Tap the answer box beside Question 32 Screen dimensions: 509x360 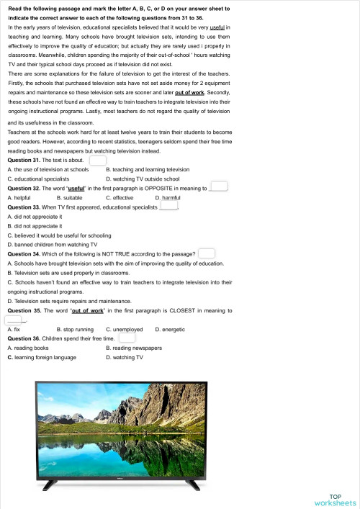(219, 187)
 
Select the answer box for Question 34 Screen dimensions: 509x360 (206, 253)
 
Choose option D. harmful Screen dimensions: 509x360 (167, 197)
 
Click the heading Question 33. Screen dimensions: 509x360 (27, 207)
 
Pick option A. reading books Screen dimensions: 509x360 (28, 348)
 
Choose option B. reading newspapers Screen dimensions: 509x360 (134, 348)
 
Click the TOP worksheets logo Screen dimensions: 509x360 (335, 499)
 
